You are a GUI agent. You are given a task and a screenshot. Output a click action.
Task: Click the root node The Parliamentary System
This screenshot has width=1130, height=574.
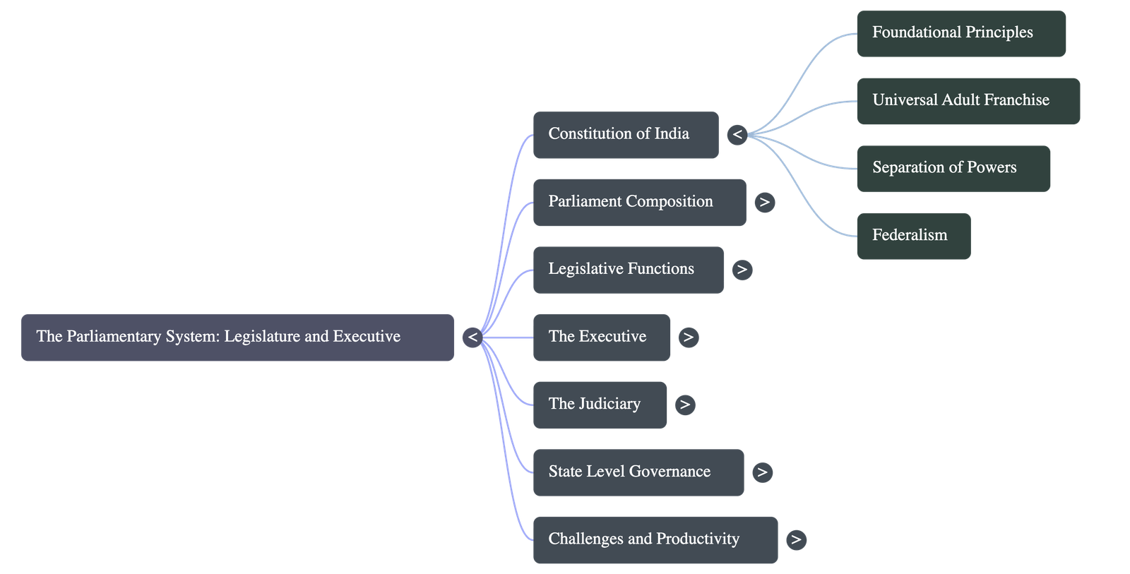coord(237,337)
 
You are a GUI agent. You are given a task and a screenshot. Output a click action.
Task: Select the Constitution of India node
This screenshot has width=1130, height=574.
coord(625,134)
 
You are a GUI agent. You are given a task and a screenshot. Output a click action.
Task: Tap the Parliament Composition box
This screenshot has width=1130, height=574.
coord(638,202)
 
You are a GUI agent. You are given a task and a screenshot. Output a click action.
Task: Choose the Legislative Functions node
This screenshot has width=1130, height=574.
coord(628,270)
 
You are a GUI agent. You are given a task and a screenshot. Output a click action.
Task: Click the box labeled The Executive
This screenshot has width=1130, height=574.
coord(601,337)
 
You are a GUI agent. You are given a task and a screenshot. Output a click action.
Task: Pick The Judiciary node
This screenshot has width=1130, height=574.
coord(599,405)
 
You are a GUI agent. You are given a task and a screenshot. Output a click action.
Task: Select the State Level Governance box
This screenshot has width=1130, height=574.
coord(638,472)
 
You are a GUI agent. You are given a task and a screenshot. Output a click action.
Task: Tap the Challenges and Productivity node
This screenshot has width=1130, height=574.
coord(655,540)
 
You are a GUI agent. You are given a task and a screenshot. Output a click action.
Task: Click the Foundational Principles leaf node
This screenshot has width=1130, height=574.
coord(961,33)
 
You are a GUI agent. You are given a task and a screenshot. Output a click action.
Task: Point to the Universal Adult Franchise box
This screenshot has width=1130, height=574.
coord(968,101)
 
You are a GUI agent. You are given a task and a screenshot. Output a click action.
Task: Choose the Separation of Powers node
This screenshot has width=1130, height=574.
coord(953,168)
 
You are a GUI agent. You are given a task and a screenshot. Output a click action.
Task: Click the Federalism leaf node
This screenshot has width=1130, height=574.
coord(913,236)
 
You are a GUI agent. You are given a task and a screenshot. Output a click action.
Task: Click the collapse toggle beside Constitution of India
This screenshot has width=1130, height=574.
coord(737,134)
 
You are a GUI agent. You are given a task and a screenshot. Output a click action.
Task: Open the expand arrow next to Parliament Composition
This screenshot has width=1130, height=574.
coord(764,203)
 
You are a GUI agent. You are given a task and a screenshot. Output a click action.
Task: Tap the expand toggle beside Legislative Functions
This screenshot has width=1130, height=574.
coord(742,270)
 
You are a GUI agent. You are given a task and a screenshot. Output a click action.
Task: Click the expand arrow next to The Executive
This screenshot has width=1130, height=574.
coord(689,337)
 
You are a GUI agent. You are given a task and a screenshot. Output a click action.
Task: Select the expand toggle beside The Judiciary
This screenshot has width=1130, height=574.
coord(684,405)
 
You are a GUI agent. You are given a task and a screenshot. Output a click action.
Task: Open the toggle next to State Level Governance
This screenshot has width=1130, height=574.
coord(762,472)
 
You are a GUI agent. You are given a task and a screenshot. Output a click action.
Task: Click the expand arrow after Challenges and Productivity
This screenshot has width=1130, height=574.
coord(796,540)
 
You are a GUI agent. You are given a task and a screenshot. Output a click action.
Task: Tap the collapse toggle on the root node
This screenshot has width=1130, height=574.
coord(472,337)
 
